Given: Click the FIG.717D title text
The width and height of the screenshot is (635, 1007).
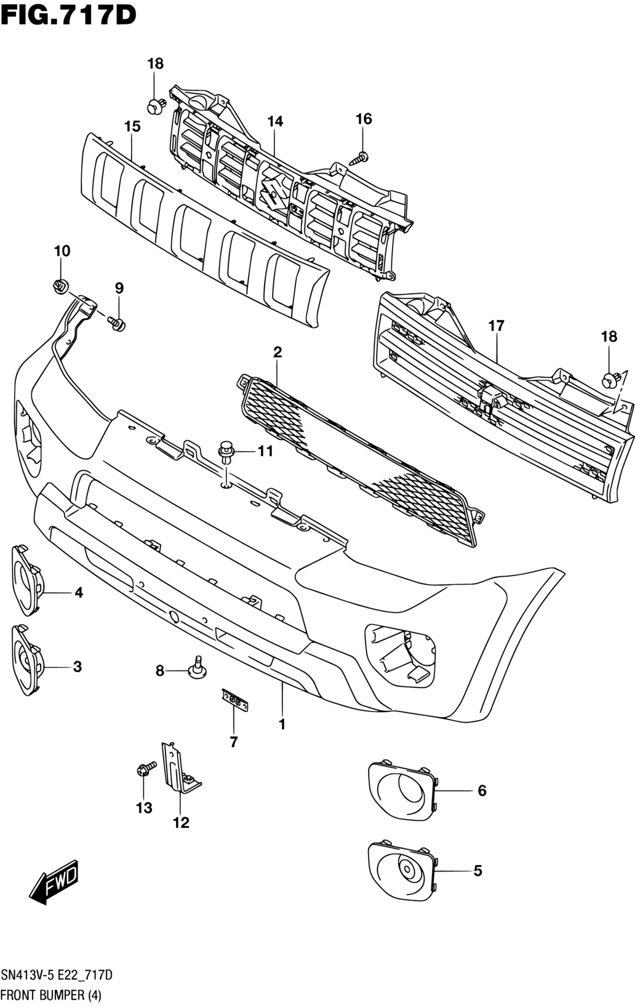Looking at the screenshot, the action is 68,16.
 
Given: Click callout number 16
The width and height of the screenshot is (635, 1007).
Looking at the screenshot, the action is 364,119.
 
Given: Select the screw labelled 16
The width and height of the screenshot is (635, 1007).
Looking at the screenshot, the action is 360,158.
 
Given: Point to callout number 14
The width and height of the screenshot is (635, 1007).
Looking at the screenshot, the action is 275,121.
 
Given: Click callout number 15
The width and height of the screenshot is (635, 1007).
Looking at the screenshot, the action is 132,126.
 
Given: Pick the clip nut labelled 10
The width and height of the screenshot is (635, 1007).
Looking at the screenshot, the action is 60,286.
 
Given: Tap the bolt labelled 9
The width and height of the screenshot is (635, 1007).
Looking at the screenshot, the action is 116,323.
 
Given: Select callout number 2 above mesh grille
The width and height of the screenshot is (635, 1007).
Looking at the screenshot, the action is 278,352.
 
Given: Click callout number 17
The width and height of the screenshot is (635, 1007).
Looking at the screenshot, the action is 497,326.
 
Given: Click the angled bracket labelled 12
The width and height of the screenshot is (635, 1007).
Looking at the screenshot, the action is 180,770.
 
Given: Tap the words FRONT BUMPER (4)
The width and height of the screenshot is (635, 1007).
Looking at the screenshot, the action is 52,995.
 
